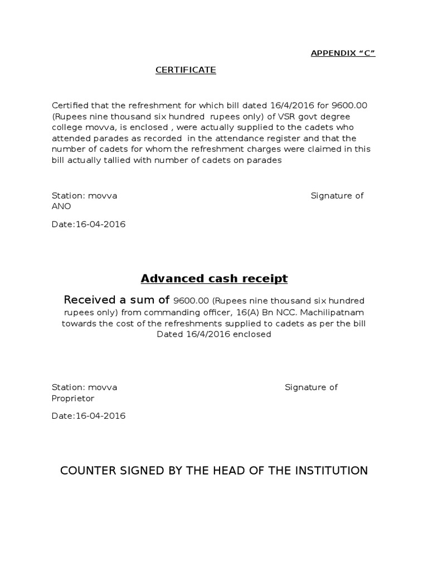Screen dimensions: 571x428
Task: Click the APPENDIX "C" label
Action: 343,54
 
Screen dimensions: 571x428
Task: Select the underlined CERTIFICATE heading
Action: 186,70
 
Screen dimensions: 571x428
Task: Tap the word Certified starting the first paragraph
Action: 71,105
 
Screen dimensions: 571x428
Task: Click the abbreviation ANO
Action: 61,206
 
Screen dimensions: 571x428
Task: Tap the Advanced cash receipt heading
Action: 214,278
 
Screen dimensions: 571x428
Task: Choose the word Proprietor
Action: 73,399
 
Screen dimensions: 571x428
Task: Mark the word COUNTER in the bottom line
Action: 87,471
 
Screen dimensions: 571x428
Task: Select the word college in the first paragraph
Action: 68,127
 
